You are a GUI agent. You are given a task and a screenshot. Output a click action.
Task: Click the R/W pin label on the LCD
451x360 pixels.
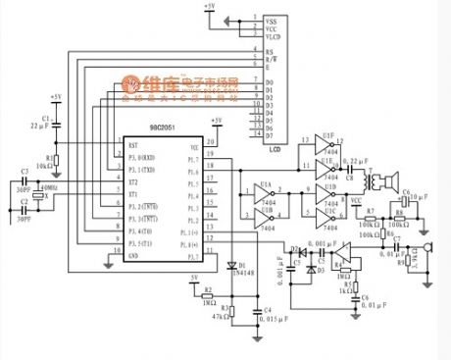[x=272, y=58]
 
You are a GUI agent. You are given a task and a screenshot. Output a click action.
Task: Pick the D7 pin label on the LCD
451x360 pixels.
[x=272, y=135]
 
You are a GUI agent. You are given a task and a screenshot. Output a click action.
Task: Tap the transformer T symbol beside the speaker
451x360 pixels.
[x=370, y=181]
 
